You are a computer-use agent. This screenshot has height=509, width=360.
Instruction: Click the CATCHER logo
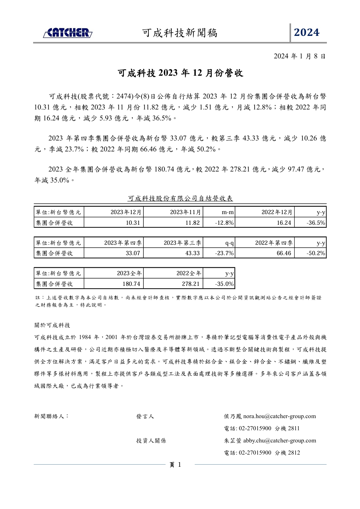[x=67, y=33]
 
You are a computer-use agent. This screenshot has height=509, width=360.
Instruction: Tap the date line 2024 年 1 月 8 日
[x=300, y=57]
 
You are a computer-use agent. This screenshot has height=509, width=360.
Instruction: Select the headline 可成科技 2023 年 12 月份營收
[x=180, y=73]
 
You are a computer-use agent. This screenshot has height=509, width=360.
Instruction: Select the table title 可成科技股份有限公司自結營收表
[x=180, y=199]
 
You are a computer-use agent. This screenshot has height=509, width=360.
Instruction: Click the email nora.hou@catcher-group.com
[x=279, y=416]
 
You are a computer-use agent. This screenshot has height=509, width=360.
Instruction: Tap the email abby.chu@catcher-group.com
[x=279, y=441]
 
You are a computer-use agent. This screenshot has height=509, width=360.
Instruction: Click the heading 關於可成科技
[x=52, y=325]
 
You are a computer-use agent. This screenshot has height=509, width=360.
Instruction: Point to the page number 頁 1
[x=175, y=465]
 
